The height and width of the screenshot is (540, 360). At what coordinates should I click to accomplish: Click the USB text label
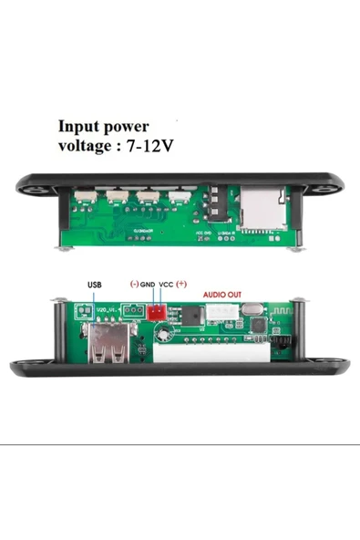pos(96,285)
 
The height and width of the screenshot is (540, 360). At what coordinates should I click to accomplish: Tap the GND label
pos(149,285)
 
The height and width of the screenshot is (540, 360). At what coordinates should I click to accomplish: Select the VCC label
pos(167,285)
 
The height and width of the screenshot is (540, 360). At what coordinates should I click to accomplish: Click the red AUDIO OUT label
pos(222,295)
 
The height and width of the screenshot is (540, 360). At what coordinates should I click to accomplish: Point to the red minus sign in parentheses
pos(134,285)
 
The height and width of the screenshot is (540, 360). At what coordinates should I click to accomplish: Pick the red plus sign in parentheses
pos(181,285)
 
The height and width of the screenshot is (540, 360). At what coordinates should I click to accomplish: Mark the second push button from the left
pos(116,196)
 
